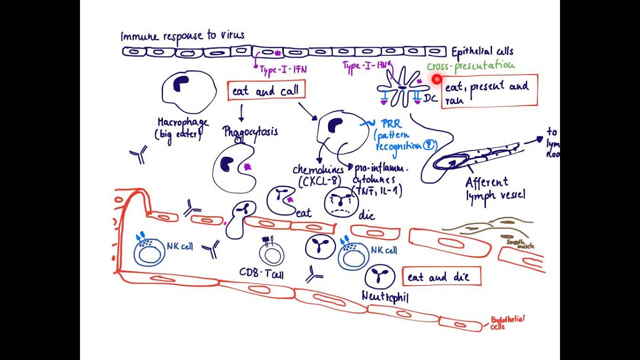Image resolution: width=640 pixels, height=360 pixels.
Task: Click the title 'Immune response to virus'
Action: pos(182,36)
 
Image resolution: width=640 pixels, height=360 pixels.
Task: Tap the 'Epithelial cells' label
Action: pos(482,51)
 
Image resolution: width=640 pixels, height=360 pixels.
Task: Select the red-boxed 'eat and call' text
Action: pos(265,91)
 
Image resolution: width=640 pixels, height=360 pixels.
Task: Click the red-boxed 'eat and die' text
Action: pos(441,276)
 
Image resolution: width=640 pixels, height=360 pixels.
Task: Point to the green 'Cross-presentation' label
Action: pos(470,65)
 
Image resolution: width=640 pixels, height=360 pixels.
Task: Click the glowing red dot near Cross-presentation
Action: pos(437,79)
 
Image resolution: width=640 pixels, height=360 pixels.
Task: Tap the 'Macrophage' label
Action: pos(182,122)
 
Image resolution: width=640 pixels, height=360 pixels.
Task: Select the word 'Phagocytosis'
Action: pos(250,132)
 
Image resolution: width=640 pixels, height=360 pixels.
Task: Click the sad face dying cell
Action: pos(338,202)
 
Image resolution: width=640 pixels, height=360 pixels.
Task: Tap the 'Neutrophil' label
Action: pos(385,297)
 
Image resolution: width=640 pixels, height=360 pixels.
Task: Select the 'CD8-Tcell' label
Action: pos(261,273)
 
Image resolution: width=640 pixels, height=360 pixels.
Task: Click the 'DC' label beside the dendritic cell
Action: pos(430,98)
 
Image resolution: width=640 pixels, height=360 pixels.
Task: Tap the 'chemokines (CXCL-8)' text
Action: pos(318,175)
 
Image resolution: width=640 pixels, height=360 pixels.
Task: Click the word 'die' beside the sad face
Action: pos(366,216)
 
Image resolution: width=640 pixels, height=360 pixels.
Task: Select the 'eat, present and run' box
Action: pos(489,91)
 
